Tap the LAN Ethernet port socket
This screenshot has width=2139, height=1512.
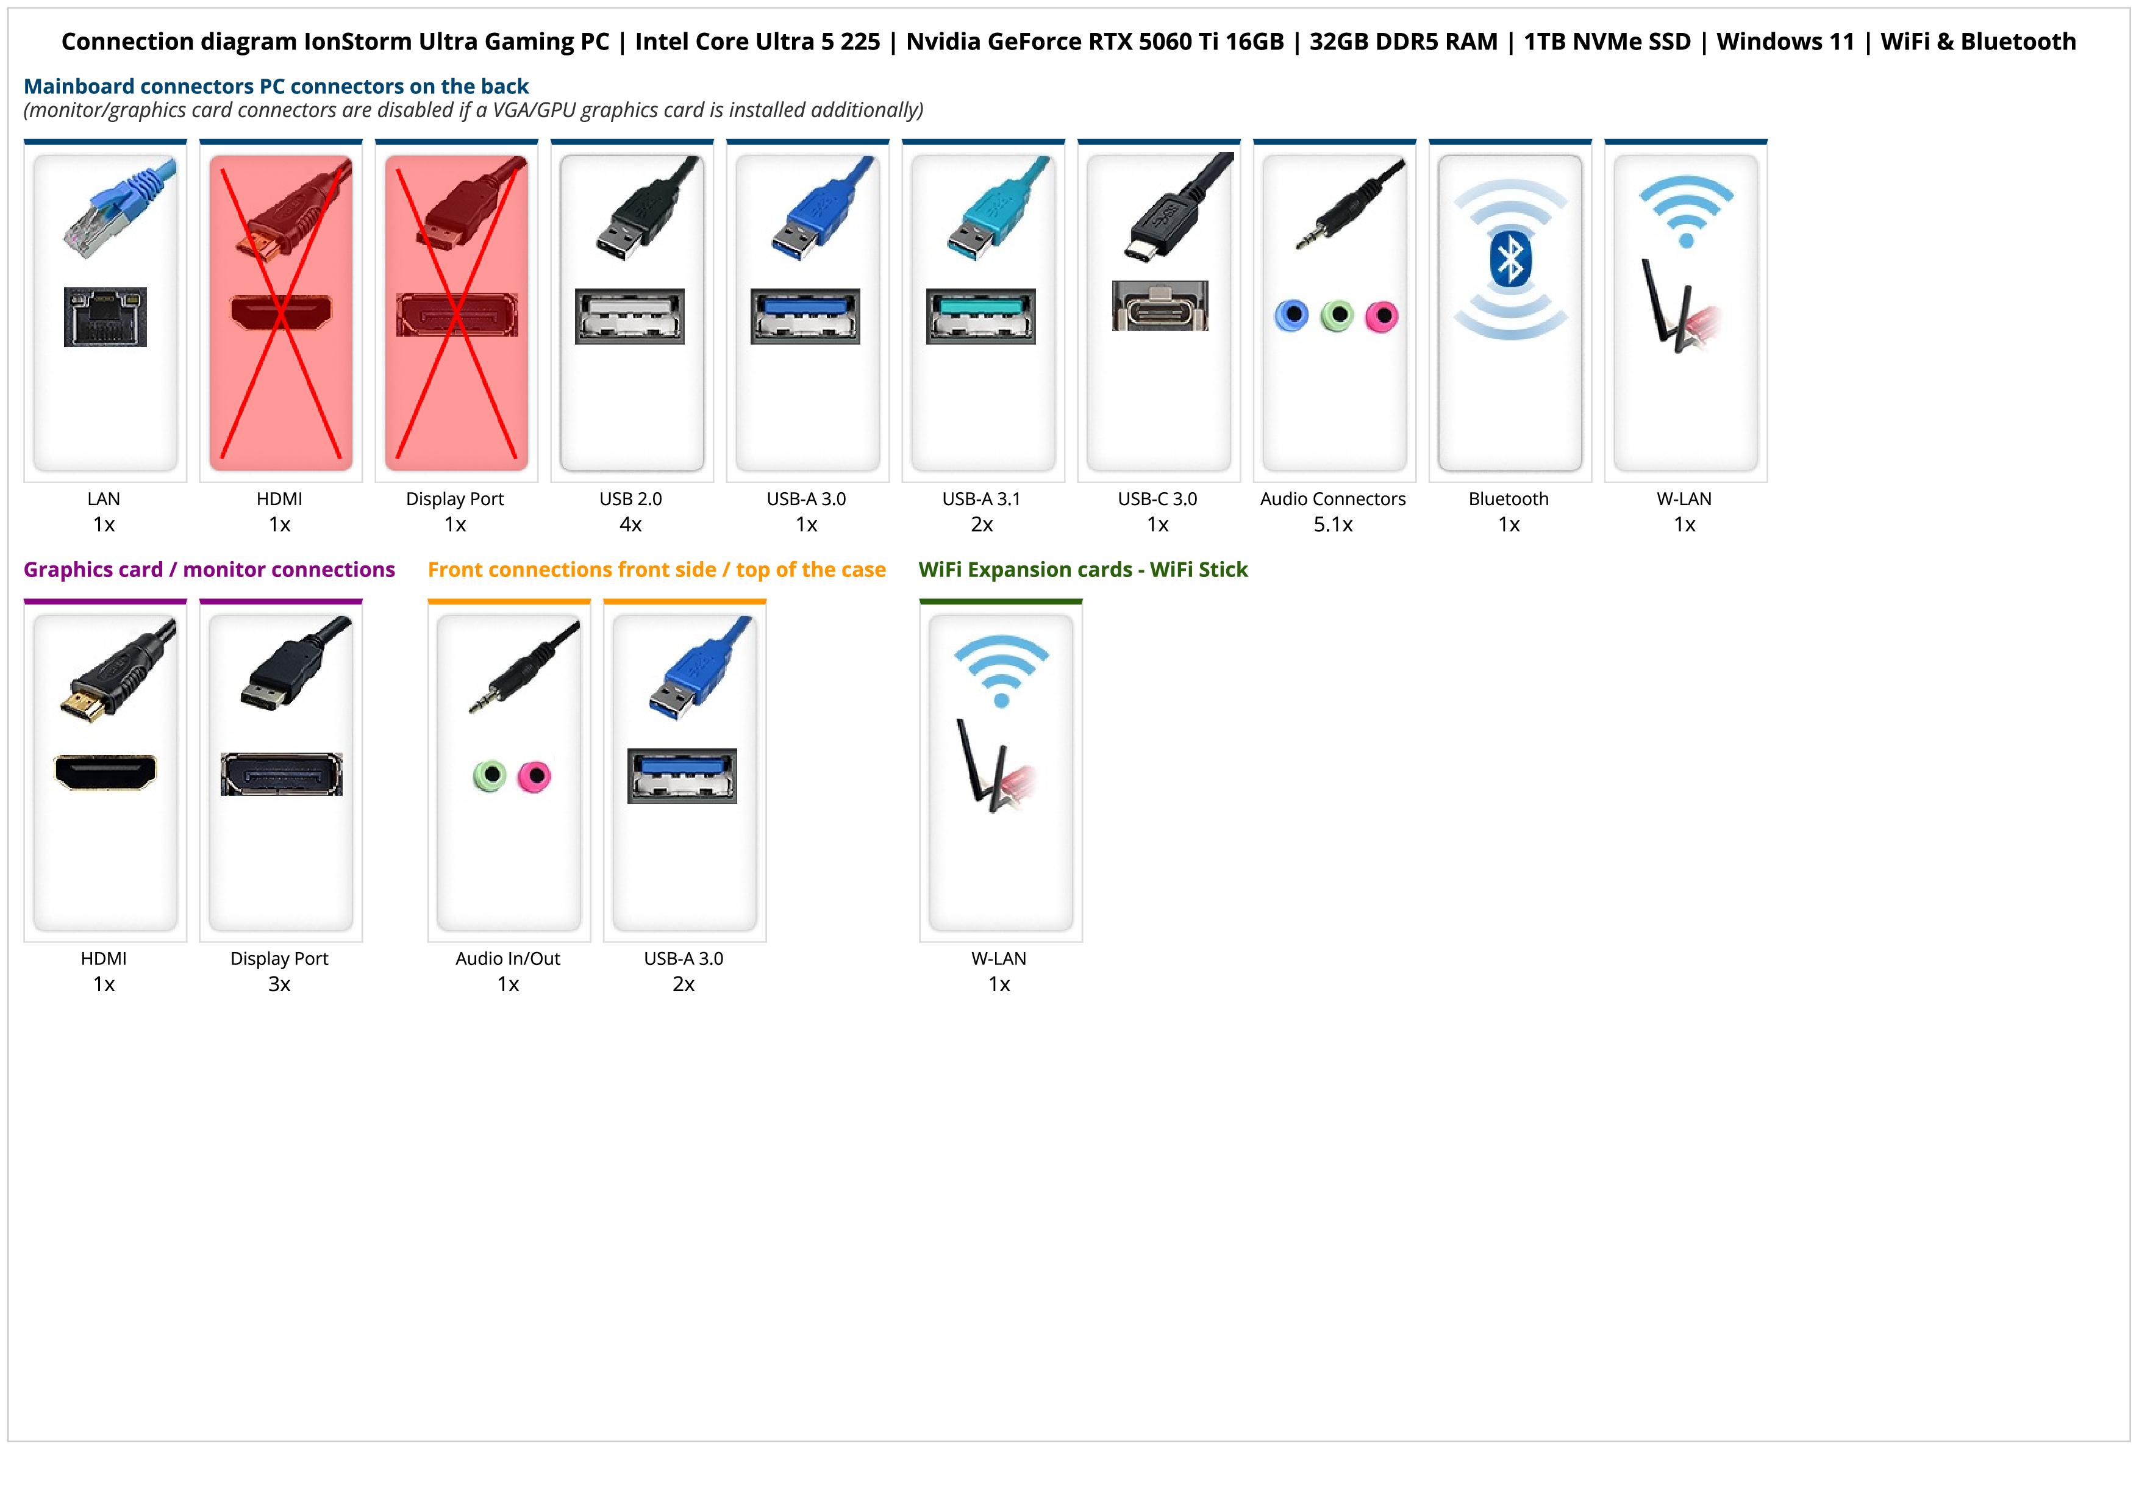(105, 317)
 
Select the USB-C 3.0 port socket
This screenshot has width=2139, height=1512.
(1160, 306)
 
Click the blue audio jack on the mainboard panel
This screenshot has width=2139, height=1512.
(1291, 316)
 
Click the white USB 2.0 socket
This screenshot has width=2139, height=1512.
(630, 316)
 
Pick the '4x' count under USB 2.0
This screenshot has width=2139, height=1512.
(630, 525)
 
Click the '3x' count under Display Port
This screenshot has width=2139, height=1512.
(279, 984)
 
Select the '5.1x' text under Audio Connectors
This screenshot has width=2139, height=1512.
(1333, 525)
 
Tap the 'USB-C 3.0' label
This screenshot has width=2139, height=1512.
(1157, 498)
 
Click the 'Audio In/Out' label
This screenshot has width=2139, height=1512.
(508, 959)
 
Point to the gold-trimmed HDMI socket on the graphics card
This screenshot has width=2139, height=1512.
(105, 772)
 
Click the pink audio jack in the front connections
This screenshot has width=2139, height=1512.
(535, 776)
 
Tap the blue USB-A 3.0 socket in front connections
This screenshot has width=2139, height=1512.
(682, 775)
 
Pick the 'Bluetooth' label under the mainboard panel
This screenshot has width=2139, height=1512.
(1509, 498)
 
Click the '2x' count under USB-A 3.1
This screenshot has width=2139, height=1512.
(982, 525)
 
